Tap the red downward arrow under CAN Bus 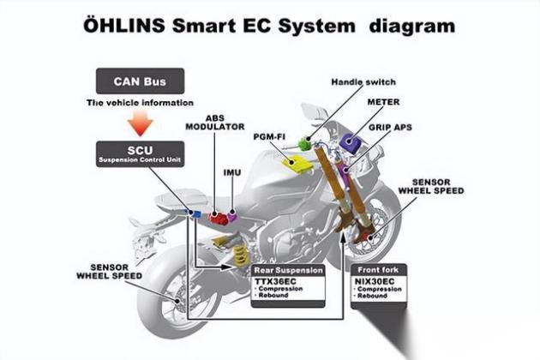(x=140, y=127)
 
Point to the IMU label (x=231, y=172)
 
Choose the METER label (x=383, y=101)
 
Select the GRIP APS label (x=391, y=127)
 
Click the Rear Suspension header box (x=288, y=269)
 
